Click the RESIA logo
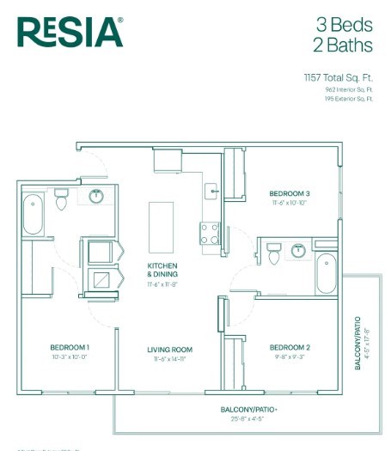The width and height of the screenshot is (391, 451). click(70, 32)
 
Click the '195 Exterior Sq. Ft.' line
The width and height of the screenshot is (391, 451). click(349, 99)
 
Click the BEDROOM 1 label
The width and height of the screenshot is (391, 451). click(70, 348)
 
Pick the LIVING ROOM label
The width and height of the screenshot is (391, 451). click(169, 350)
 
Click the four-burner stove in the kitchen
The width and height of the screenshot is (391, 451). click(210, 233)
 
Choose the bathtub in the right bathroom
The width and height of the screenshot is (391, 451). click(327, 274)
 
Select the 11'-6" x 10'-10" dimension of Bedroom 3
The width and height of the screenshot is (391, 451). click(289, 205)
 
